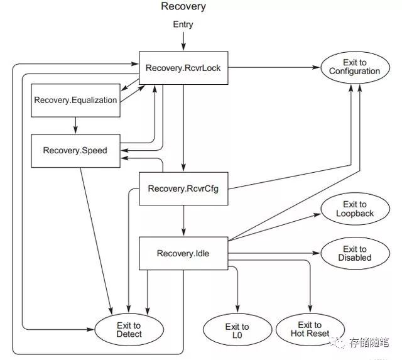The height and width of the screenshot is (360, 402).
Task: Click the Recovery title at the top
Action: click(x=183, y=7)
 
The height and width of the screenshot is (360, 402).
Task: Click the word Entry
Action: click(x=183, y=25)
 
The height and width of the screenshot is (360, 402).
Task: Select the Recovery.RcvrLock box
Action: click(x=183, y=67)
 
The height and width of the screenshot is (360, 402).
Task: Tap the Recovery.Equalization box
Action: click(x=75, y=101)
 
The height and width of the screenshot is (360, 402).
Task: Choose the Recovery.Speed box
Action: click(x=75, y=150)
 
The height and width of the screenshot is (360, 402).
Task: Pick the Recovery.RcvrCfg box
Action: click(x=183, y=188)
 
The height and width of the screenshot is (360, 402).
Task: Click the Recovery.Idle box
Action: click(x=183, y=254)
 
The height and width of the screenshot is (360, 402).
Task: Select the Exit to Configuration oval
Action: click(x=354, y=67)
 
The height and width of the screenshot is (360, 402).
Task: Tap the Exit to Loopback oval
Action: click(x=354, y=209)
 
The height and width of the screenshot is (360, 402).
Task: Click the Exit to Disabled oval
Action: click(x=354, y=254)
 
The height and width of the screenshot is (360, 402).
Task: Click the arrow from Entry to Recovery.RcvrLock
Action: click(x=183, y=40)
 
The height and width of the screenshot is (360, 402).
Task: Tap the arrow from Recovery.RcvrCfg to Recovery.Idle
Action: click(x=183, y=221)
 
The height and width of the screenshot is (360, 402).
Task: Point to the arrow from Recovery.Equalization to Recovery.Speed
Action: click(x=75, y=126)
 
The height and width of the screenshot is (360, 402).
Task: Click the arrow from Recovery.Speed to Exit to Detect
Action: click(x=96, y=239)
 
